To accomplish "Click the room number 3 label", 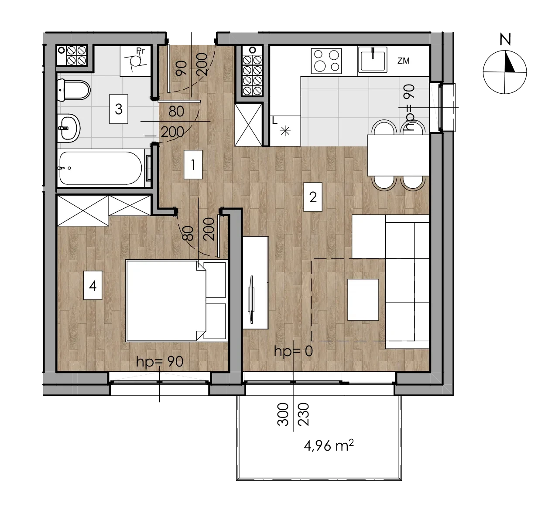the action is pyautogui.click(x=119, y=109).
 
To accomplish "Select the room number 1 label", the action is pyautogui.click(x=193, y=165).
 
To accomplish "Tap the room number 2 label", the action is pyautogui.click(x=313, y=197).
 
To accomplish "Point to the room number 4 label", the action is pyautogui.click(x=92, y=285).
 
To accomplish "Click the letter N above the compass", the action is pyautogui.click(x=505, y=39).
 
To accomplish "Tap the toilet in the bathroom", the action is pyautogui.click(x=74, y=90).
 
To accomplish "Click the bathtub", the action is pyautogui.click(x=101, y=168).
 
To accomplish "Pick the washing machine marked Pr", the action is pyautogui.click(x=136, y=61).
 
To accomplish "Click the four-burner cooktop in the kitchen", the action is pyautogui.click(x=326, y=61).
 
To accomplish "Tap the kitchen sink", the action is pyautogui.click(x=373, y=59).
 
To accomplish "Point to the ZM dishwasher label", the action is pyautogui.click(x=404, y=61).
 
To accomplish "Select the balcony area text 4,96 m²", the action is pyautogui.click(x=329, y=445).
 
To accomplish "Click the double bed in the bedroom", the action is pyautogui.click(x=176, y=301).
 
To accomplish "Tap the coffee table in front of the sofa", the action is pyautogui.click(x=363, y=300).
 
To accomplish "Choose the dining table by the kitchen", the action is pyautogui.click(x=398, y=155).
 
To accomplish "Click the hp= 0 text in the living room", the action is pyautogui.click(x=293, y=352).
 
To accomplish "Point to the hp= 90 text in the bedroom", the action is pyautogui.click(x=160, y=362).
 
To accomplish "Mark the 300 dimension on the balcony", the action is pyautogui.click(x=283, y=414).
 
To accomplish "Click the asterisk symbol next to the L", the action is pyautogui.click(x=285, y=131).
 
